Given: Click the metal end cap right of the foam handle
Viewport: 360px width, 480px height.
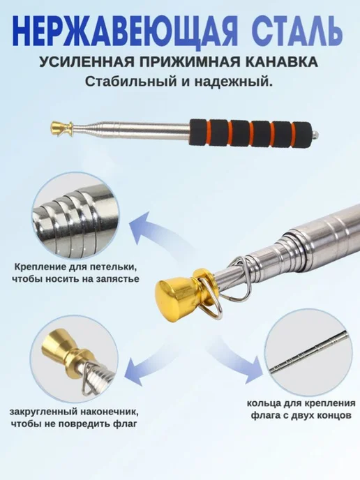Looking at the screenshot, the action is tap(315, 134).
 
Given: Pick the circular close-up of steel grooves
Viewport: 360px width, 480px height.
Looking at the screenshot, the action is tap(75, 215).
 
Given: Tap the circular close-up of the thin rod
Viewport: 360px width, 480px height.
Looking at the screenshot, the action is tap(308, 352).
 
